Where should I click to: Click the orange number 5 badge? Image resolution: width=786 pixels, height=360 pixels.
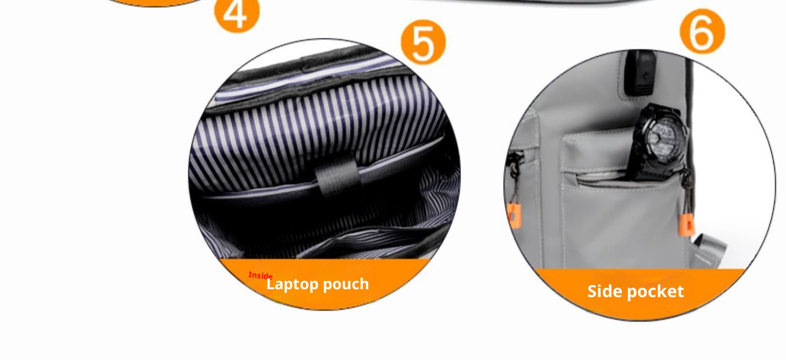[x=423, y=42]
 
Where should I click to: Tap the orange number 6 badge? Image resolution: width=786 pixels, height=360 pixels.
[x=702, y=31]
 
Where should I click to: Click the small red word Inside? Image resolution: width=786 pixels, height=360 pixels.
[x=260, y=276]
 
